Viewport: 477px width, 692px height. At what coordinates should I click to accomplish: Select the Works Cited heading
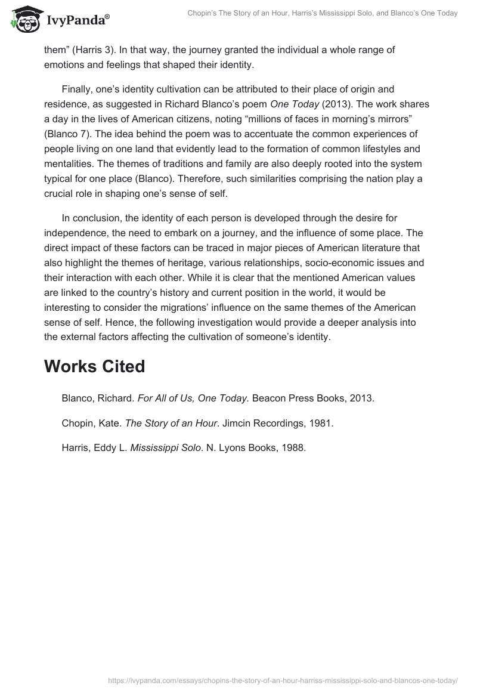pyautogui.click(x=94, y=366)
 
